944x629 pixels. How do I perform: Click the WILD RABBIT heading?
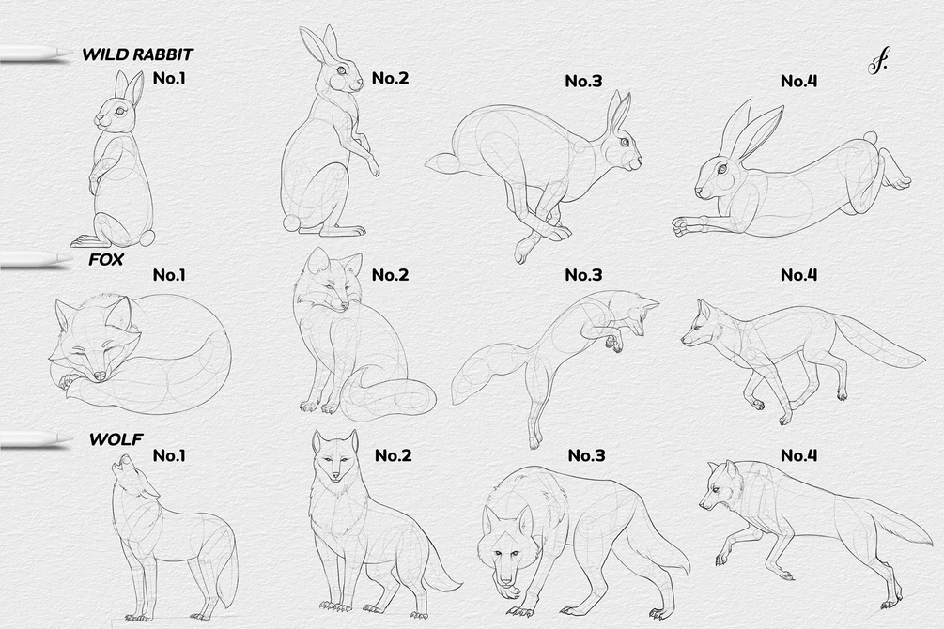click(x=137, y=54)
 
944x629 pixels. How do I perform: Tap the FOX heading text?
click(x=106, y=259)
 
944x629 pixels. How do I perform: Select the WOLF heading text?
click(x=116, y=439)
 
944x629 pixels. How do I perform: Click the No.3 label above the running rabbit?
click(x=583, y=81)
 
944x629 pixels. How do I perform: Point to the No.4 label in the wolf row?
click(x=799, y=455)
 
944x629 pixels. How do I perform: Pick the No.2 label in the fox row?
click(x=390, y=274)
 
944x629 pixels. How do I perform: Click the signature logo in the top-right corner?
click(x=878, y=62)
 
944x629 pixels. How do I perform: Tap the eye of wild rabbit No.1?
click(x=120, y=111)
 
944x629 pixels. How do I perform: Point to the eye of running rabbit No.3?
click(x=625, y=142)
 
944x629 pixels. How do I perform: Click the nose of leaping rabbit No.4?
click(x=698, y=192)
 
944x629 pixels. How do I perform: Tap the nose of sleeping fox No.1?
click(x=101, y=376)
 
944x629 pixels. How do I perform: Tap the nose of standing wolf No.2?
click(x=335, y=477)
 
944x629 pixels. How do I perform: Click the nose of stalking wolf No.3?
click(x=507, y=580)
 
